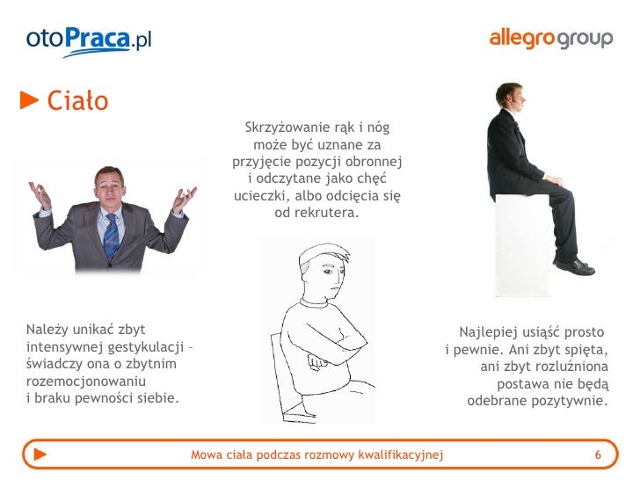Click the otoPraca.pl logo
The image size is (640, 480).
tap(89, 40)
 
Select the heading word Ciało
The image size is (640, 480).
tap(77, 102)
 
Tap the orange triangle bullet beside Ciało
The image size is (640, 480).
tap(30, 102)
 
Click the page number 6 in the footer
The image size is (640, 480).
tap(598, 455)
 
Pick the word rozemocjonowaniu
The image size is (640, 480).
tap(86, 382)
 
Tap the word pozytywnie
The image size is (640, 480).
tap(569, 402)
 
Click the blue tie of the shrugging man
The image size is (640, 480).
tap(111, 233)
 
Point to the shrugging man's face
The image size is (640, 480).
tap(109, 185)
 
